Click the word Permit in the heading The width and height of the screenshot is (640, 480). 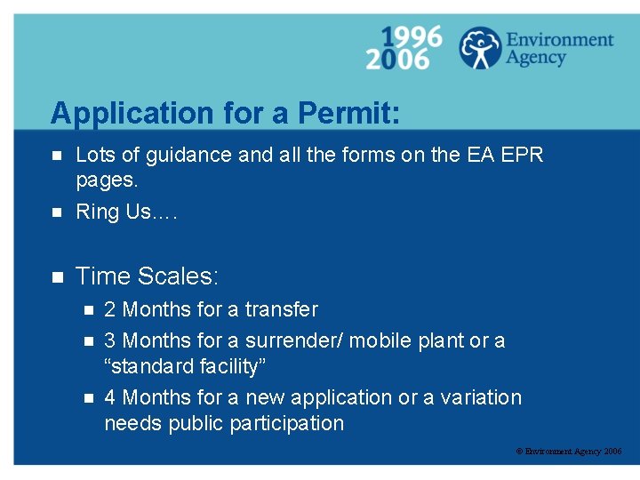[348, 114]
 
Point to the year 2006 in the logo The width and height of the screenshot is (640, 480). [397, 60]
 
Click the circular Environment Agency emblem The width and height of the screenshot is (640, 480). [480, 48]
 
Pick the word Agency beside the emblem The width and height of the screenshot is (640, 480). [536, 59]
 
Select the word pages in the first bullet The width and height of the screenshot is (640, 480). [106, 180]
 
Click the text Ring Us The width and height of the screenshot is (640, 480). [114, 212]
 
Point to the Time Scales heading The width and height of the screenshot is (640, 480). [147, 276]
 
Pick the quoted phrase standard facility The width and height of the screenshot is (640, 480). [185, 366]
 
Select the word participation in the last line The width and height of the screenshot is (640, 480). [286, 423]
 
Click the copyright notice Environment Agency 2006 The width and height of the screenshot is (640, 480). [569, 452]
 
